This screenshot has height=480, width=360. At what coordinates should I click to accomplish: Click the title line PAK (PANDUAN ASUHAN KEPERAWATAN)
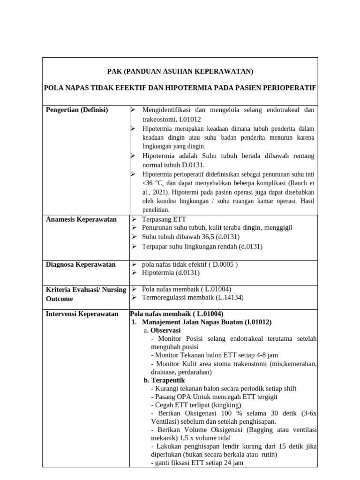click(180, 72)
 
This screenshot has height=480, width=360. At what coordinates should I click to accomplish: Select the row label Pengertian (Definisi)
click(77, 110)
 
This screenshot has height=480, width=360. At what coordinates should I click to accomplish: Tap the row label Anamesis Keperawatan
click(81, 219)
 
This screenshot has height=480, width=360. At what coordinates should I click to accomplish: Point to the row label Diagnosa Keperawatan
click(81, 264)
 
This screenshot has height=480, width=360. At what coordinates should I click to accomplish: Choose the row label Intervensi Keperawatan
click(82, 314)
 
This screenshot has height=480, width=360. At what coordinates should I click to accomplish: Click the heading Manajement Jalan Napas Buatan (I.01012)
click(206, 322)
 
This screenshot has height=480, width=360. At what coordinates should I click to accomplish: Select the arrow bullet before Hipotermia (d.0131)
click(134, 272)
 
